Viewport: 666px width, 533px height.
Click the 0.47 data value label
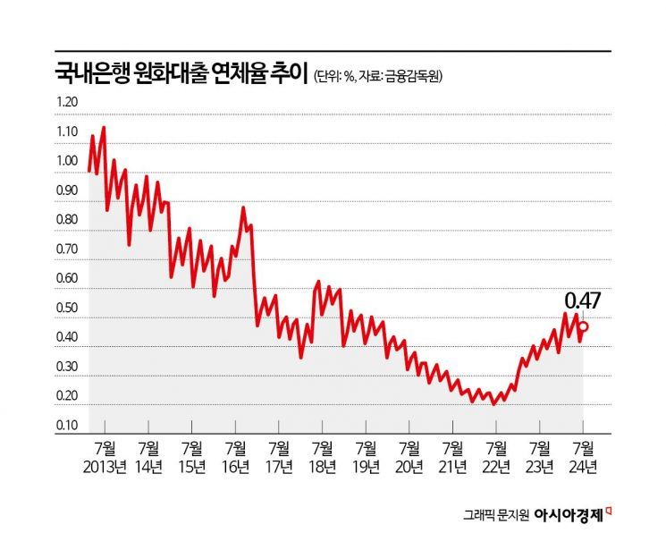(581, 300)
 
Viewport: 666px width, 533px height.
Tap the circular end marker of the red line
(584, 326)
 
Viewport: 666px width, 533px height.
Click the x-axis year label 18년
(322, 465)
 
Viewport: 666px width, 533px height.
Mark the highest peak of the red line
(104, 128)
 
